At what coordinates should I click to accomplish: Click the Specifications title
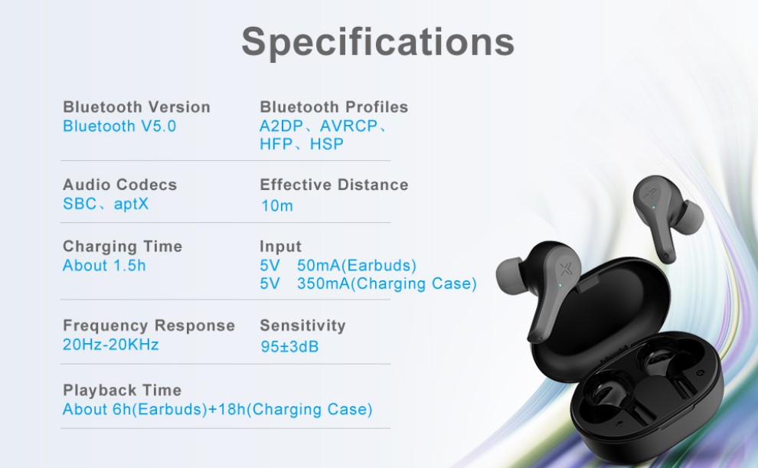[x=377, y=42]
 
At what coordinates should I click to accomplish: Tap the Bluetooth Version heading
[x=137, y=106]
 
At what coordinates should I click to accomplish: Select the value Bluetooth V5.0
[x=119, y=126]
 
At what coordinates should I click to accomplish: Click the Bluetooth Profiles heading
[x=334, y=106]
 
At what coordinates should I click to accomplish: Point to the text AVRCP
[x=348, y=126]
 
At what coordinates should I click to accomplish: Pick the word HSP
[x=327, y=144]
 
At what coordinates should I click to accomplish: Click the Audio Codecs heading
[x=120, y=185]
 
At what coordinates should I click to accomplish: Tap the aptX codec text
[x=131, y=205]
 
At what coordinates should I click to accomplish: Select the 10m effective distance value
[x=277, y=206]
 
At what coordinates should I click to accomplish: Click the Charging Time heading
[x=123, y=246]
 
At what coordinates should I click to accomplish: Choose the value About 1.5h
[x=104, y=266]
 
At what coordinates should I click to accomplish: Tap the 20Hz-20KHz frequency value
[x=111, y=345]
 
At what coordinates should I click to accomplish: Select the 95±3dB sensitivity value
[x=289, y=347]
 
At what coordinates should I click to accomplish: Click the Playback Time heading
[x=123, y=390]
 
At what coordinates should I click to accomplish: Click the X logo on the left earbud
[x=564, y=270]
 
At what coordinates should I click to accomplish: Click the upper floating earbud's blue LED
[x=654, y=208]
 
